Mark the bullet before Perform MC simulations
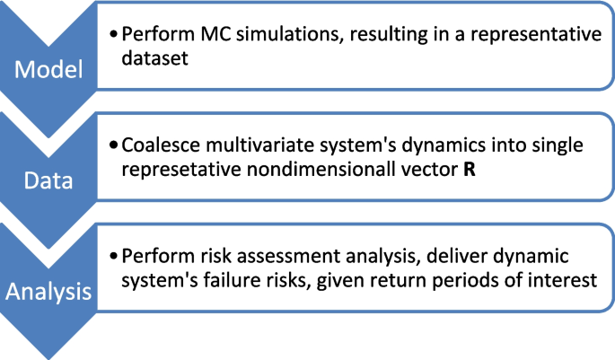tap(114, 34)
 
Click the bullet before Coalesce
tap(114, 145)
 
